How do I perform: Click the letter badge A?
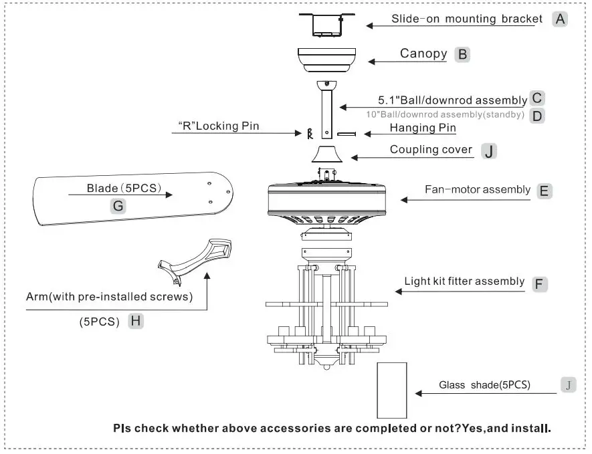560,19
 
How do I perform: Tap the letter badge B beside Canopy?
462,54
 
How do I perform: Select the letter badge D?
536,115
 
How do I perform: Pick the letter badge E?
544,191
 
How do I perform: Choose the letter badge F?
539,283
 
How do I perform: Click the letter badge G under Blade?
118,206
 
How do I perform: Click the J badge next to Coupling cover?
489,151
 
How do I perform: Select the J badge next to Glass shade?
568,384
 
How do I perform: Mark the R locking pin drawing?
309,133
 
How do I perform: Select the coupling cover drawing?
327,154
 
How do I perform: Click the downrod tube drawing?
326,110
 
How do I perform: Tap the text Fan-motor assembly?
477,190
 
